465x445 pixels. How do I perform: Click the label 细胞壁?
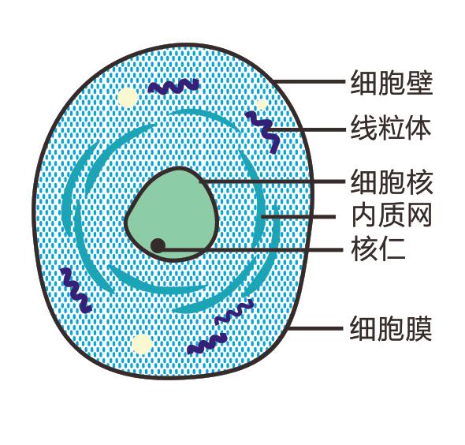[392, 82]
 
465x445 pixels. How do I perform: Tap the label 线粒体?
[391, 129]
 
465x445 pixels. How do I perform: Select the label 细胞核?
[392, 181]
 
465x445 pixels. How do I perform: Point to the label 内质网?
[392, 215]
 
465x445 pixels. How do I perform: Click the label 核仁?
[378, 249]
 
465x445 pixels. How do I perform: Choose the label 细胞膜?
[391, 328]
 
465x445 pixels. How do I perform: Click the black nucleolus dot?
[158, 245]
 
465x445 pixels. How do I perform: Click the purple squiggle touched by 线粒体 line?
[263, 131]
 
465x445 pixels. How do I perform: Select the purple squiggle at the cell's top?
[173, 86]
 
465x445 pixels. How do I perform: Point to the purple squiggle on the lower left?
[76, 290]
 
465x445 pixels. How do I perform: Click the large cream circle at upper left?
[128, 98]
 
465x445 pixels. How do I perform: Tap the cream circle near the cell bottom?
[143, 344]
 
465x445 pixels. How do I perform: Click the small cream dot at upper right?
[262, 104]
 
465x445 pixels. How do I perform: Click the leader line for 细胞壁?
[309, 81]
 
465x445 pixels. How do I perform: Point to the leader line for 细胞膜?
[316, 328]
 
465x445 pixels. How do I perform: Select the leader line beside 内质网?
[299, 217]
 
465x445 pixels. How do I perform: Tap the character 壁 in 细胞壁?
[419, 82]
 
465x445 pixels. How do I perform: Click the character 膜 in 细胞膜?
[418, 328]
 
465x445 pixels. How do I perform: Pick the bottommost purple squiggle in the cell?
[207, 343]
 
